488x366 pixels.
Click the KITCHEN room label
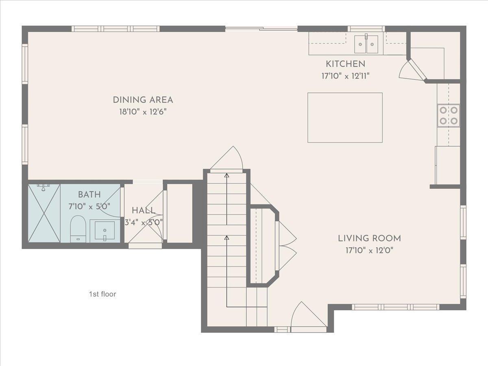(346, 64)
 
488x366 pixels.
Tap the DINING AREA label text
(143, 100)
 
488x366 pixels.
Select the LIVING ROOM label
(370, 238)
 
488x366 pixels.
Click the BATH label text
(89, 195)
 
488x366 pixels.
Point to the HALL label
(144, 210)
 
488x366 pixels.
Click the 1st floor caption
(102, 294)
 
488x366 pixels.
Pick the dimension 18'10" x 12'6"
(143, 111)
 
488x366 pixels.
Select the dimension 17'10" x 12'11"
(346, 76)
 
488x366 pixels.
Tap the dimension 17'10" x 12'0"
(370, 251)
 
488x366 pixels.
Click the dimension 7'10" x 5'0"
(89, 207)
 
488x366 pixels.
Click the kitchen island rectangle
(345, 118)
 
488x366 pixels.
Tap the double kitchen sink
(366, 44)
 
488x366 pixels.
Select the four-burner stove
(449, 115)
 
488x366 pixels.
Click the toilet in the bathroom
(78, 229)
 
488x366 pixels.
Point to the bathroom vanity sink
(105, 231)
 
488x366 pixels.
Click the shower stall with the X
(44, 213)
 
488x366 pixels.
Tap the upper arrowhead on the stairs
(227, 175)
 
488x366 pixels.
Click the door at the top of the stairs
(227, 159)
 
